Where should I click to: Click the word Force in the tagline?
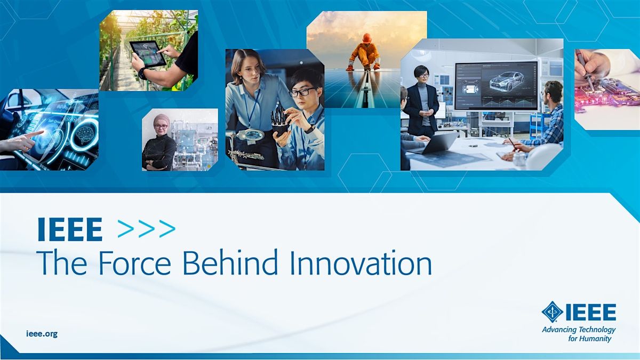pos(134,262)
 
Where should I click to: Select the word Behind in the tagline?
pos(230,262)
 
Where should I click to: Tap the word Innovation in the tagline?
pos(361,262)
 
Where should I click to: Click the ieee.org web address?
pos(42,334)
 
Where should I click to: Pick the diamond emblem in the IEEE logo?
pos(553,311)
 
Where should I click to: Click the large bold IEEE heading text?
pos(70,229)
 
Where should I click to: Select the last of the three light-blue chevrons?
pos(167,229)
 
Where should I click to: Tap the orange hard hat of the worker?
pos(366,38)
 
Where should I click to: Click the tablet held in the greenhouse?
pos(148,54)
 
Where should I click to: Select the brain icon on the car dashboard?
pos(85,134)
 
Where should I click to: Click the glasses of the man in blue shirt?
pos(303,92)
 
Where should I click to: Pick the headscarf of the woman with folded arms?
pos(162,121)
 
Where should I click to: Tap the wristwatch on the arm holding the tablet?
pos(142,74)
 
